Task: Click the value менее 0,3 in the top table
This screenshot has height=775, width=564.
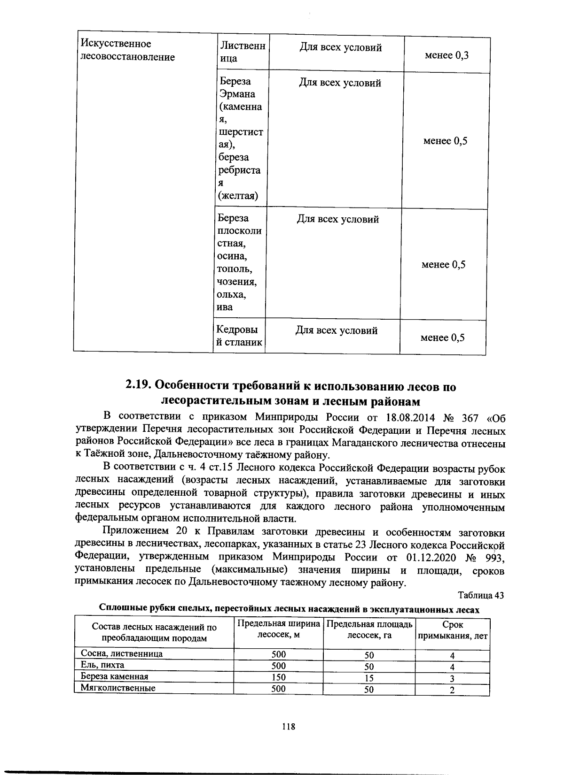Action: [446, 55]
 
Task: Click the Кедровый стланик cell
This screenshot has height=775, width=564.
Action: [239, 336]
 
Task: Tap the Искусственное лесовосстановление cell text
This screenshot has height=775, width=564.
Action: [127, 50]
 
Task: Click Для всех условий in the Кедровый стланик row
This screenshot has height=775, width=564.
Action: [336, 330]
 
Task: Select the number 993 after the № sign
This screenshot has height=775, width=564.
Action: [492, 558]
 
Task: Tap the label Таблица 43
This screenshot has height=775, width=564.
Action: [481, 595]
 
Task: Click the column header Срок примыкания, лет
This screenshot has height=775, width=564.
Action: [453, 630]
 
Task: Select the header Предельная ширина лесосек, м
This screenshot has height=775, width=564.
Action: [279, 629]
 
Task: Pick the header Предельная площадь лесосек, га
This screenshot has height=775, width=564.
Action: [369, 629]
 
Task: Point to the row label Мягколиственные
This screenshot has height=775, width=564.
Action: [118, 688]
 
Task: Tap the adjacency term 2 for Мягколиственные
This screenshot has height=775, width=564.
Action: [452, 690]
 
